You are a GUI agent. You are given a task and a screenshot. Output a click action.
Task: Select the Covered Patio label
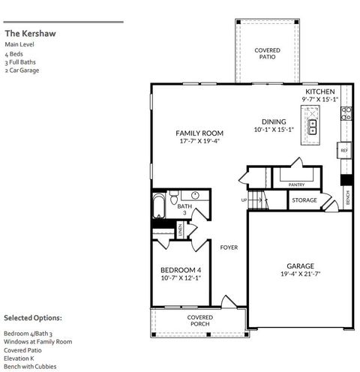267,53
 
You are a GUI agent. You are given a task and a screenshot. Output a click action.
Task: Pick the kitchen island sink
310,124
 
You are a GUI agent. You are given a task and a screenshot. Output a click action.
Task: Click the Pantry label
296,183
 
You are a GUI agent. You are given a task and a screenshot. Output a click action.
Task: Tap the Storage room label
304,200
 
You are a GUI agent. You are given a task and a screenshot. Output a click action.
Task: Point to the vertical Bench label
347,197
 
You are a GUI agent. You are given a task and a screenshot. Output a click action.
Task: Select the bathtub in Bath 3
160,207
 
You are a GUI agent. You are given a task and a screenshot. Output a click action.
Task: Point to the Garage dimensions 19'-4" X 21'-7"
299,274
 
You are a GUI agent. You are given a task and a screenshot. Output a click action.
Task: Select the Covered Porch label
199,321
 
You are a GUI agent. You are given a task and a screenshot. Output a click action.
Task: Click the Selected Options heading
33,318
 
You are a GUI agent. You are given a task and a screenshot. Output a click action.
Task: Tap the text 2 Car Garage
21,70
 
